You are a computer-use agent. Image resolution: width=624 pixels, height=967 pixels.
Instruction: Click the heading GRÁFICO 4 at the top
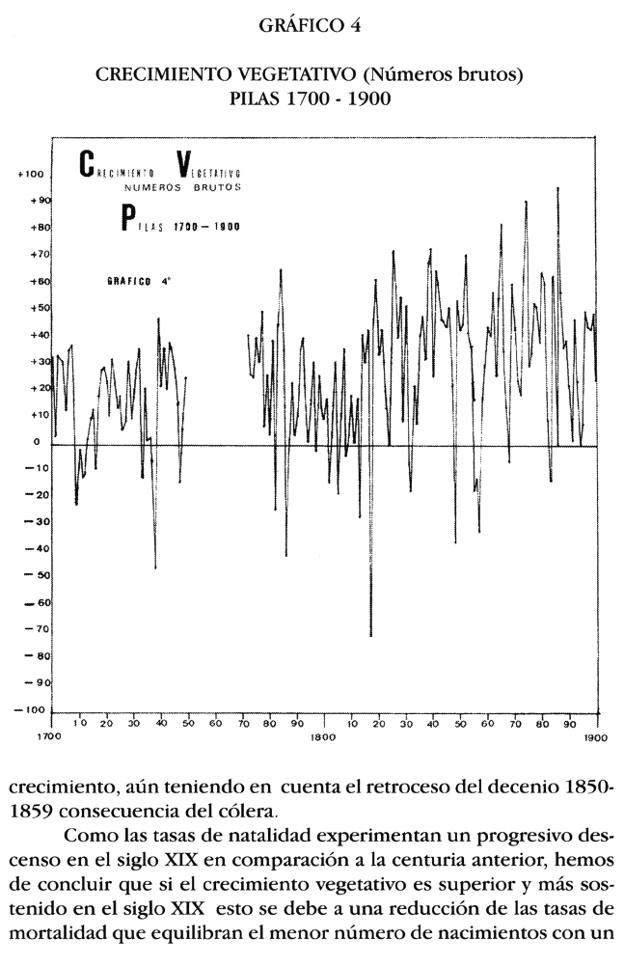[311, 27]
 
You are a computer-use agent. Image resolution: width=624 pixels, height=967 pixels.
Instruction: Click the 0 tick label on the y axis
[35, 442]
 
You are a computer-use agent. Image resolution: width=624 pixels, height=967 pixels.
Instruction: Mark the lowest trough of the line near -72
[370, 635]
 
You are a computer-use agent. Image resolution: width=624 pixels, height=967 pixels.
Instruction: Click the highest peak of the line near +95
[557, 189]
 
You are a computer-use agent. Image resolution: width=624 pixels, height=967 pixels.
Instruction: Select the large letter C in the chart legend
[86, 166]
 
